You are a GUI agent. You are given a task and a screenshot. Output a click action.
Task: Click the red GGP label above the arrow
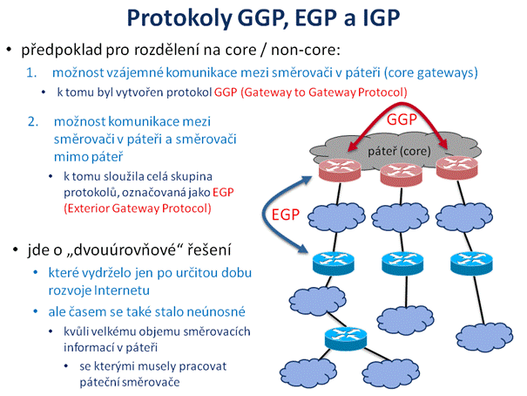coord(402,119)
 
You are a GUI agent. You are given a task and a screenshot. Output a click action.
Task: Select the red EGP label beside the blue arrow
coord(286,215)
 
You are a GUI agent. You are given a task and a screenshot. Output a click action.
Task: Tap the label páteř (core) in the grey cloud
coord(399,151)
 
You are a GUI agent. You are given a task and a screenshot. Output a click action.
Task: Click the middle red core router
coord(401,174)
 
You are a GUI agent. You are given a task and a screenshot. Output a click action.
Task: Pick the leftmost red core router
coord(340,169)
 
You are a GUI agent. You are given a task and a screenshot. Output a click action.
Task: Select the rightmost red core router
coord(456,167)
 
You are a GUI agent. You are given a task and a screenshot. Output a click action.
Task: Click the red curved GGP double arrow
coord(399,105)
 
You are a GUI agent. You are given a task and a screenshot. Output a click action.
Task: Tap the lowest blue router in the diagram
coord(346,338)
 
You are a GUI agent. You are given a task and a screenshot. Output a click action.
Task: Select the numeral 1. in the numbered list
coord(31,72)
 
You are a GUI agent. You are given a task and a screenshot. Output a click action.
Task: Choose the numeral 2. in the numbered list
coord(33,121)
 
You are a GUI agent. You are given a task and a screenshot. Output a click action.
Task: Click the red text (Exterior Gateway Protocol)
coord(138,208)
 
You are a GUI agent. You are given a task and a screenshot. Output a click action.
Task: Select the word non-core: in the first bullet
coord(306,50)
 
